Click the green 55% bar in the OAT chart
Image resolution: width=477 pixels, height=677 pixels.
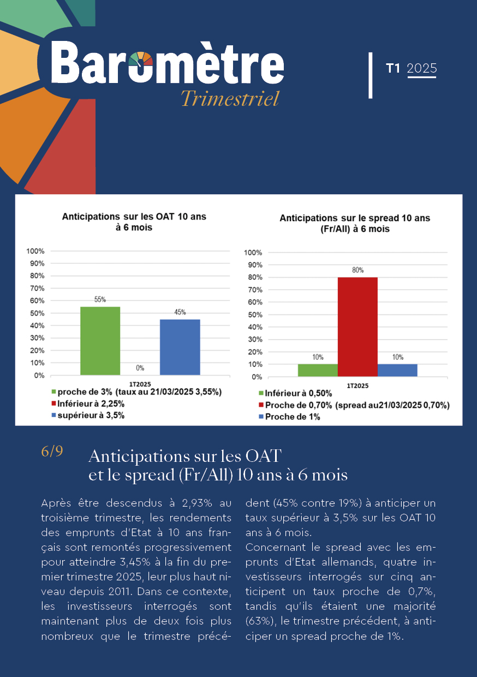(x=100, y=341)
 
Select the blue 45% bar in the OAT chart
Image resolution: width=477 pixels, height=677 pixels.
(x=180, y=347)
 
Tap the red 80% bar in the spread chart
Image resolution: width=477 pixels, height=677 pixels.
(x=357, y=326)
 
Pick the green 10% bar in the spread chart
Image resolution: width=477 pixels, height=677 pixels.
(x=318, y=370)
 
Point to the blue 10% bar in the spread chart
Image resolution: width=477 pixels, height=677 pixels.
(x=397, y=370)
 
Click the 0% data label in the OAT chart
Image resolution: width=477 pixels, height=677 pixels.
(x=140, y=368)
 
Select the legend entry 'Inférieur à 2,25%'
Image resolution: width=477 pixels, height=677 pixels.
(x=88, y=403)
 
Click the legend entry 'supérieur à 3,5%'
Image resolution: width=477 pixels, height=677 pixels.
(x=88, y=415)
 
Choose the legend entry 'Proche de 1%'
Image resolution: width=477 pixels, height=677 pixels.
(x=289, y=417)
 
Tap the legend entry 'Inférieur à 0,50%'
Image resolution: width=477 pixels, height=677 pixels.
(x=295, y=393)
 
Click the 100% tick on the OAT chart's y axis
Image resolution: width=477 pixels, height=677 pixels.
(x=35, y=251)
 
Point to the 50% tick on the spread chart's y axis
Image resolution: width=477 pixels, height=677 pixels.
(x=255, y=314)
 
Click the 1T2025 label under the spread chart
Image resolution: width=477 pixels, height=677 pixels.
(x=357, y=385)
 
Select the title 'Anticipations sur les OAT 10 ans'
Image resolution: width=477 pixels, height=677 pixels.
(x=134, y=217)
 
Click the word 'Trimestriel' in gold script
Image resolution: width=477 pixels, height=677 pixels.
(x=230, y=98)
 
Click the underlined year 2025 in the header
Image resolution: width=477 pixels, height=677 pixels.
(x=422, y=68)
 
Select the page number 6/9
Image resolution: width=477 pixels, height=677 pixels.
(x=52, y=451)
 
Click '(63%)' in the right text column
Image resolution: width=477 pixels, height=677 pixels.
(x=261, y=621)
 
